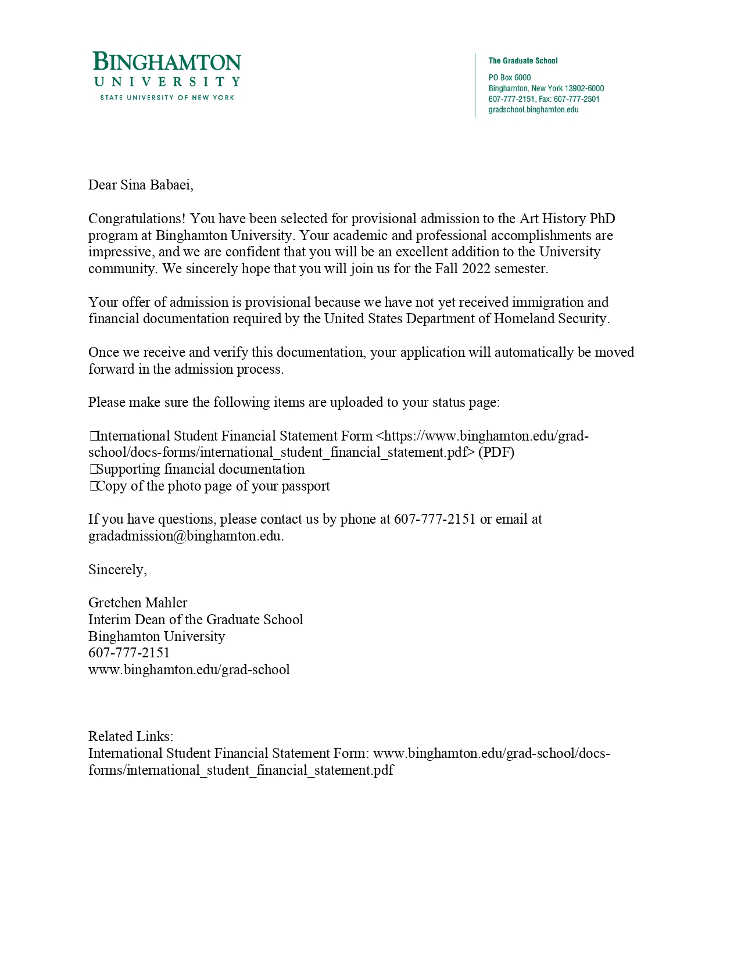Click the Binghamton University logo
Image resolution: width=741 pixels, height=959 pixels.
tap(167, 76)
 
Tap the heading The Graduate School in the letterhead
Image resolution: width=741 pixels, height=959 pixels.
tap(522, 60)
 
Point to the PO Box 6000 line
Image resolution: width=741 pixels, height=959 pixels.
tap(509, 77)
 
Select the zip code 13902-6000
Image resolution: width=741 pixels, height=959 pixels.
tap(584, 88)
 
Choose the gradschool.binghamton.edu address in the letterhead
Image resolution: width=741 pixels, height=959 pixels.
tap(533, 110)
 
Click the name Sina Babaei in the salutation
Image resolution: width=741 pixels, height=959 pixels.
tap(155, 185)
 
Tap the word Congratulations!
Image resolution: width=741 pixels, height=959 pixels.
tap(137, 219)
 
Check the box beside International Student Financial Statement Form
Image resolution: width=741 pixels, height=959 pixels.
tap(92, 436)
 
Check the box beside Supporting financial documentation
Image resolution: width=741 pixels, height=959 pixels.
tap(92, 470)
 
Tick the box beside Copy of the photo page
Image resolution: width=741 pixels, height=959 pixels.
tap(92, 486)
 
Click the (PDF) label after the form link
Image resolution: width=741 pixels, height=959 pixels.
tap(496, 452)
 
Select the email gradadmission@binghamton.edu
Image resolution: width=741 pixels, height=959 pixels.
tap(185, 536)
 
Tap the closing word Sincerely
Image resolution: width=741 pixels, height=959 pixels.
tap(116, 570)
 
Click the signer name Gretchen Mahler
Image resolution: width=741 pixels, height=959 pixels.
tap(138, 603)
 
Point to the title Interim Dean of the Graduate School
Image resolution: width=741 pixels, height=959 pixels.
tap(195, 620)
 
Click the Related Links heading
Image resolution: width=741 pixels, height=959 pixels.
tap(131, 736)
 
